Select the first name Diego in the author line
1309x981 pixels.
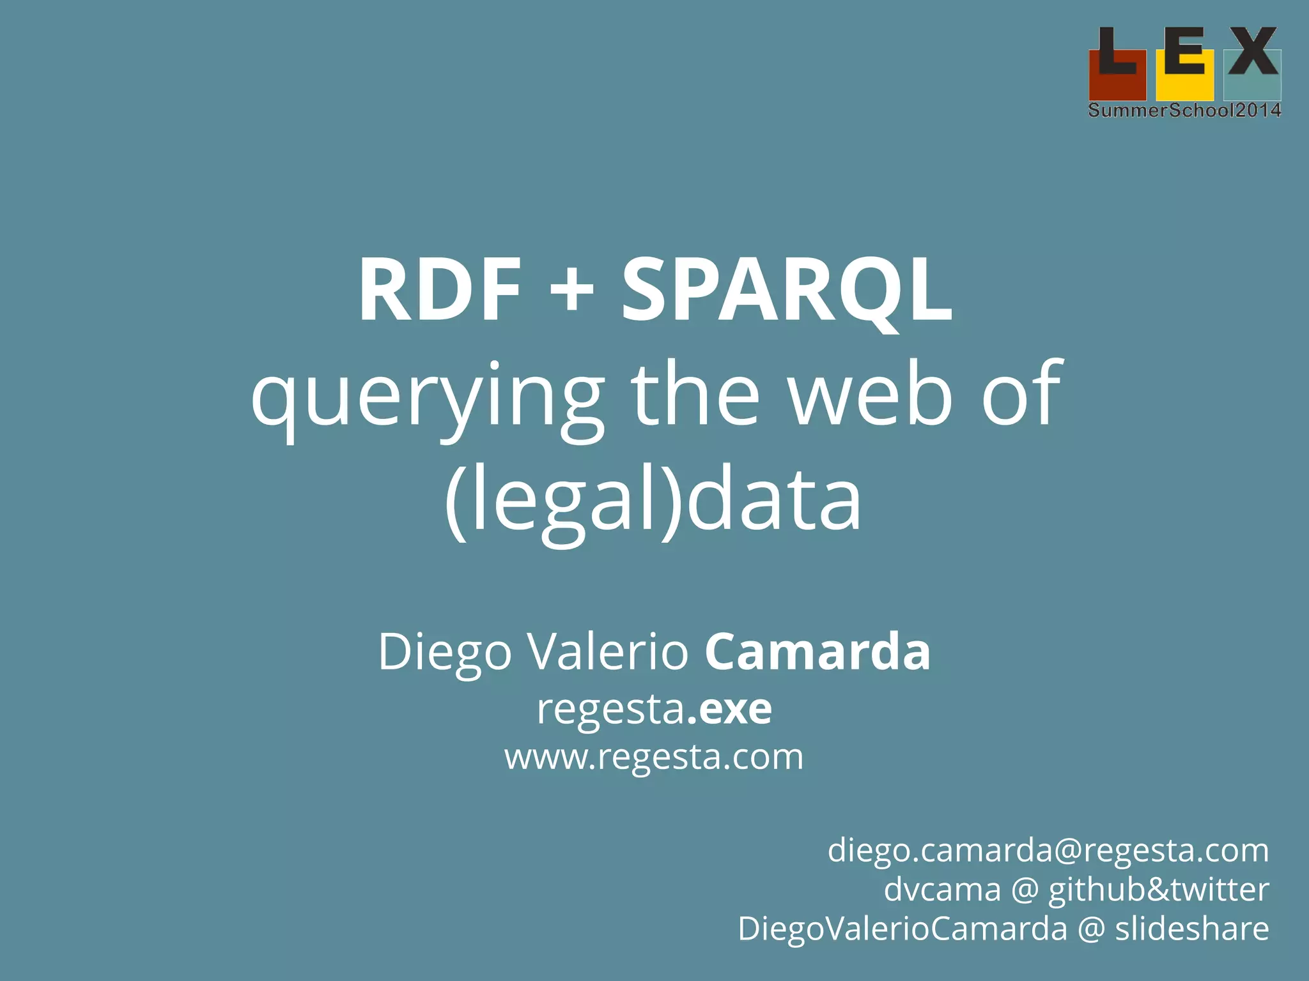pyautogui.click(x=445, y=652)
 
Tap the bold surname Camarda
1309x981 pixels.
pyautogui.click(x=817, y=651)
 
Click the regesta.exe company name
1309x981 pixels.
pyautogui.click(x=654, y=708)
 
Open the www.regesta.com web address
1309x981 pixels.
pyautogui.click(x=654, y=757)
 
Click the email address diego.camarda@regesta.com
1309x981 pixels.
pyautogui.click(x=1048, y=850)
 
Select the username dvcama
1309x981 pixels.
pyautogui.click(x=942, y=889)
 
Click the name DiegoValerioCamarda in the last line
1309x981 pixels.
pyautogui.click(x=902, y=928)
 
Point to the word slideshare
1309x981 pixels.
pyautogui.click(x=1192, y=928)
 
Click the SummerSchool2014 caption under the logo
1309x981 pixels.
pyautogui.click(x=1184, y=110)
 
